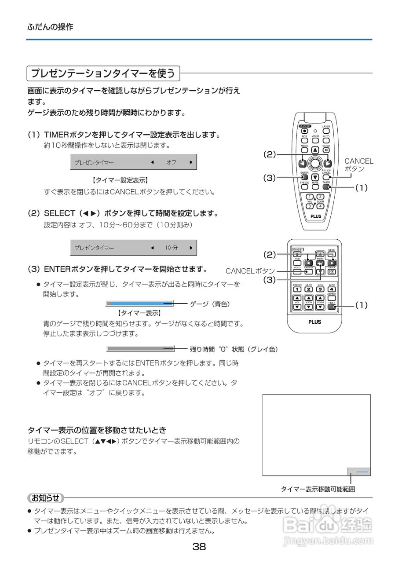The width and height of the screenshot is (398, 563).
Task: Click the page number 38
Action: point(199,547)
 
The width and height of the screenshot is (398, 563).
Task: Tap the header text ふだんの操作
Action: point(50,27)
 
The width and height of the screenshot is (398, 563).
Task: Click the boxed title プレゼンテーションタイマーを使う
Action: point(103,73)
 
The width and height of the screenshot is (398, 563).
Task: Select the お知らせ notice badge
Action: point(45,498)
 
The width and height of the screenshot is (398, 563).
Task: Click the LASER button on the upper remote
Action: point(326,131)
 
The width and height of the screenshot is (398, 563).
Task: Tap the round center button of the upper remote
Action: point(315,163)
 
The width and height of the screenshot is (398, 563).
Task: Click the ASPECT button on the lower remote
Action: point(332,298)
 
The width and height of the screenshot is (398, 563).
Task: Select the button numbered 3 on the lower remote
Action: point(320,289)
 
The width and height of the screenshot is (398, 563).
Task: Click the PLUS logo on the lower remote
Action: point(314,322)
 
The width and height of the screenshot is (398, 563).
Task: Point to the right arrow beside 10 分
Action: point(191,248)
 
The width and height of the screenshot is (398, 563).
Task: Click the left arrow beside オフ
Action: point(152,162)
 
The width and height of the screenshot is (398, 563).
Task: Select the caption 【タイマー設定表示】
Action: point(120,180)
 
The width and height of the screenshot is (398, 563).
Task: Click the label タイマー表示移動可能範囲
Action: point(318,489)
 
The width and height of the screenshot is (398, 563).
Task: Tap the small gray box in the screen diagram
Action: point(358,472)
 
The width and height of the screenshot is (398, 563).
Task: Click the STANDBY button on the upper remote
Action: point(304,130)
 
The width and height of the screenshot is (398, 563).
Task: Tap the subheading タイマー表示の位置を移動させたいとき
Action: point(97,430)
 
